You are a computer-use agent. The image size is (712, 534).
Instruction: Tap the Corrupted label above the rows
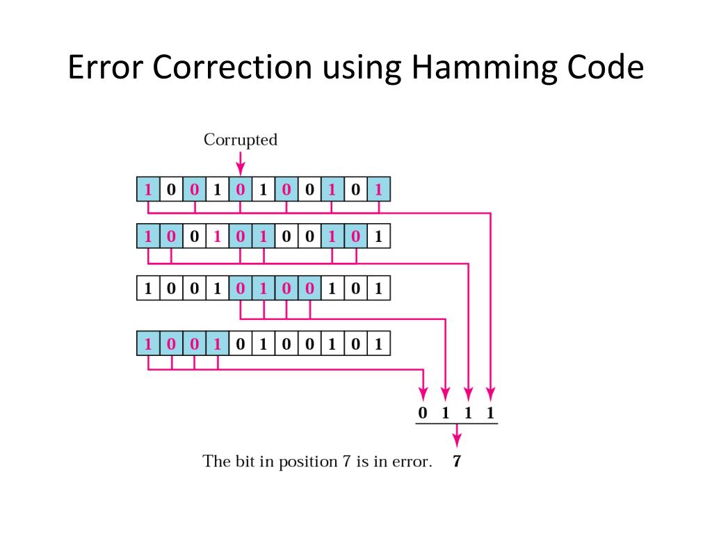click(240, 140)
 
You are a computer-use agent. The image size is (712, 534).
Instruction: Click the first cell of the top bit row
click(148, 189)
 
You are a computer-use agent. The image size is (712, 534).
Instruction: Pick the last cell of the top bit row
click(378, 189)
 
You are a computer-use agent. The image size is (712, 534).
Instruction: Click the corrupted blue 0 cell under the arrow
click(241, 189)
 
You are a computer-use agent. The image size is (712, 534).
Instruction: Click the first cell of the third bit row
click(148, 288)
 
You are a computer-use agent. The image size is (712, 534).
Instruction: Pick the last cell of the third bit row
click(378, 288)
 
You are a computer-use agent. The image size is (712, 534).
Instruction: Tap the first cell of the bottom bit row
click(148, 343)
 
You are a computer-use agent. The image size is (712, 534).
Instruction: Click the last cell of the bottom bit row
click(378, 343)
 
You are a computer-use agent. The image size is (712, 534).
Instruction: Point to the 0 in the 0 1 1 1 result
click(422, 413)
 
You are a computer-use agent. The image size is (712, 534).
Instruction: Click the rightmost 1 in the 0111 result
click(491, 413)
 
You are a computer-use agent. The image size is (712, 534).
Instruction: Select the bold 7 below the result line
click(457, 461)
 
